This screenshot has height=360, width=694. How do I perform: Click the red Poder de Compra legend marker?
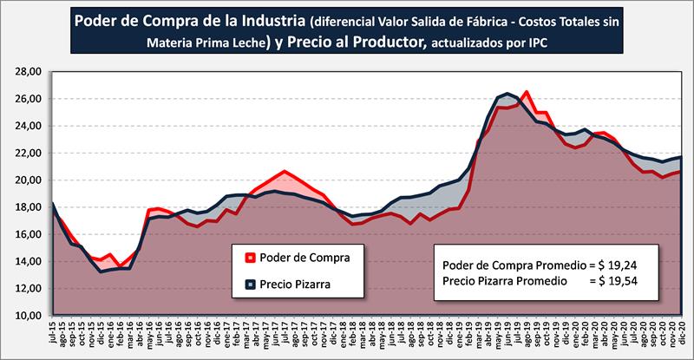tap(250, 257)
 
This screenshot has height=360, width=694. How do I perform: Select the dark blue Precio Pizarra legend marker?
tap(250, 282)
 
